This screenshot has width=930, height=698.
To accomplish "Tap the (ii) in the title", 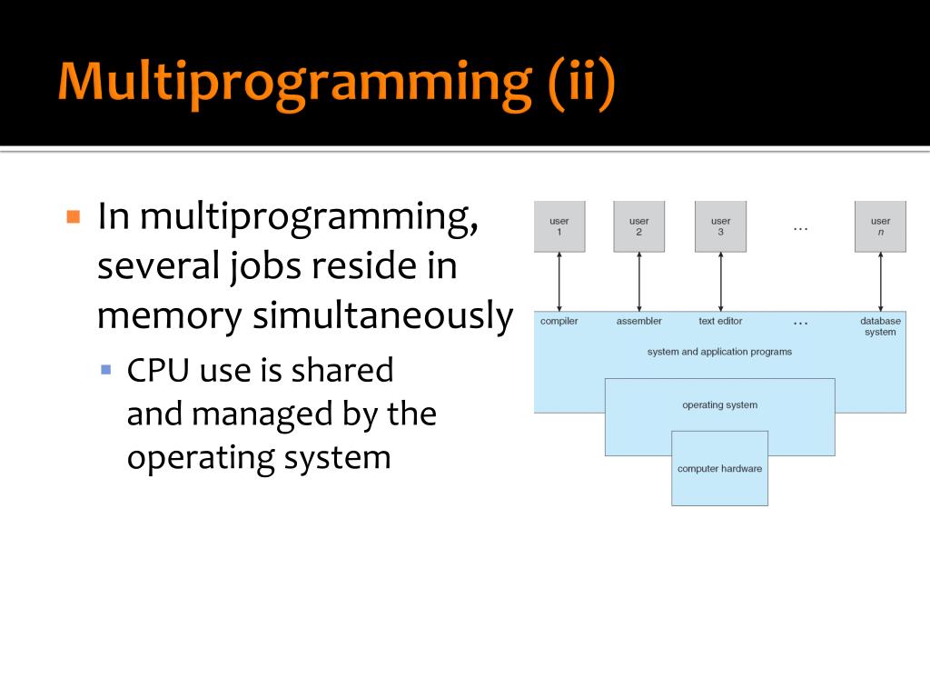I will click(581, 82).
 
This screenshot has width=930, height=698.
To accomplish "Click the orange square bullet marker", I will click(74, 217).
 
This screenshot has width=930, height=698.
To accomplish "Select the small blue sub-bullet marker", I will click(105, 370).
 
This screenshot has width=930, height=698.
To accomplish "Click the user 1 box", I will click(559, 226).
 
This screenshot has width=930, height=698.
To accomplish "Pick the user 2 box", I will click(639, 226).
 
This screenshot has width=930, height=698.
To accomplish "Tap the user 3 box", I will click(720, 226).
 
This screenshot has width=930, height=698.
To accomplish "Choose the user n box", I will click(880, 226).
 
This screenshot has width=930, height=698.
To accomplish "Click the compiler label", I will click(559, 321).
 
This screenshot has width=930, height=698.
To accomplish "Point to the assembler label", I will click(639, 321).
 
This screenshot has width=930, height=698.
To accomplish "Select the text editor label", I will click(720, 321).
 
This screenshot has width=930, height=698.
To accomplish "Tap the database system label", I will click(880, 326).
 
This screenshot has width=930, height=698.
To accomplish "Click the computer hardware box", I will click(719, 469).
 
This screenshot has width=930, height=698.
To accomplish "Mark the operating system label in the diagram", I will click(719, 405).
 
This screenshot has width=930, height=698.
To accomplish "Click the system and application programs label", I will click(719, 352).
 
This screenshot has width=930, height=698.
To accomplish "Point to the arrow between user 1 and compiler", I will click(559, 282).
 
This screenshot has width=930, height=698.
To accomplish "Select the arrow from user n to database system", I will click(880, 282).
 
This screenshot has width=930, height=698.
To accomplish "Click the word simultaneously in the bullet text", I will click(382, 315).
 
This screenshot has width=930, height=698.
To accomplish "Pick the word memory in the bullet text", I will click(170, 315).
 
